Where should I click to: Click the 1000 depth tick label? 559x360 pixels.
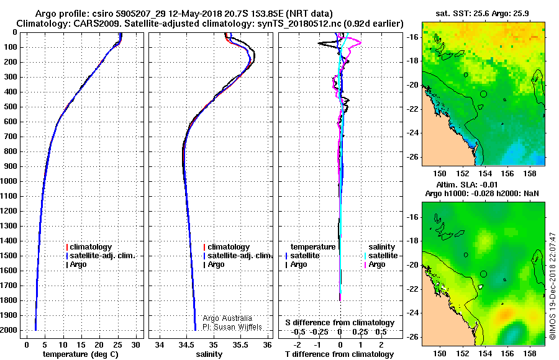click(9, 181)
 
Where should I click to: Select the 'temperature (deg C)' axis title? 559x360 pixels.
click(81, 354)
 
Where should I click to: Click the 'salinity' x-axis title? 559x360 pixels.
click(209, 354)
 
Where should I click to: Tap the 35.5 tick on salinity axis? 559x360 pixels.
click(240, 345)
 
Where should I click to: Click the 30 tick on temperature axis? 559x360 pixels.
click(135, 345)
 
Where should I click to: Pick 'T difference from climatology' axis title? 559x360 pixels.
click(339, 354)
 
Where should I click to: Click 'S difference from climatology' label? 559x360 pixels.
click(340, 323)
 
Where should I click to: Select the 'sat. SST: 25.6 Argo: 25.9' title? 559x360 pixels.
click(483, 14)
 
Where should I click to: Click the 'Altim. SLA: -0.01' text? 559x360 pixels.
click(467, 184)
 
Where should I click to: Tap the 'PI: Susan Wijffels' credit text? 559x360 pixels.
click(232, 327)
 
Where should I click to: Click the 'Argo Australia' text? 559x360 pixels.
click(227, 318)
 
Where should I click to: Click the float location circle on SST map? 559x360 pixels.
click(483, 94)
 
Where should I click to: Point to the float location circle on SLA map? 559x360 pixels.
click(483, 274)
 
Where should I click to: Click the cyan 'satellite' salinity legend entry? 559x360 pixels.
click(381, 256)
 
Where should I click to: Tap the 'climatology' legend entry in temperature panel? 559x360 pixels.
click(89, 247)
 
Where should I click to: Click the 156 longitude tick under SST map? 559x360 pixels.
click(507, 174)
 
